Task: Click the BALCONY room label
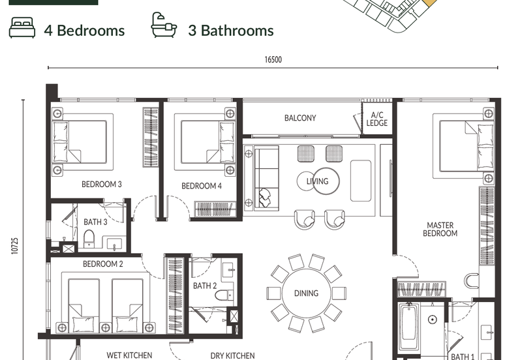pyautogui.click(x=300, y=118)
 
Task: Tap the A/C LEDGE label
pyautogui.click(x=377, y=119)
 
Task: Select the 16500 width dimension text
pyautogui.click(x=273, y=59)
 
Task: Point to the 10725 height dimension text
pyautogui.click(x=14, y=246)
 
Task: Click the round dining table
pyautogui.click(x=306, y=293)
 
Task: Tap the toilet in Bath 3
pyautogui.click(x=89, y=239)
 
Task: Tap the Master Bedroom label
pyautogui.click(x=440, y=230)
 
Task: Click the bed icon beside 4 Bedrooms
pyautogui.click(x=22, y=27)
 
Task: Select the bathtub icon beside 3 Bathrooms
pyautogui.click(x=164, y=25)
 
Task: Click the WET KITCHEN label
pyautogui.click(x=129, y=355)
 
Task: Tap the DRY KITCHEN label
pyautogui.click(x=232, y=355)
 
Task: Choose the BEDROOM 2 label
pyautogui.click(x=103, y=264)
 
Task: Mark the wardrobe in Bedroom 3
pyautogui.click(x=151, y=137)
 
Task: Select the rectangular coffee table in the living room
pyautogui.click(x=361, y=181)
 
